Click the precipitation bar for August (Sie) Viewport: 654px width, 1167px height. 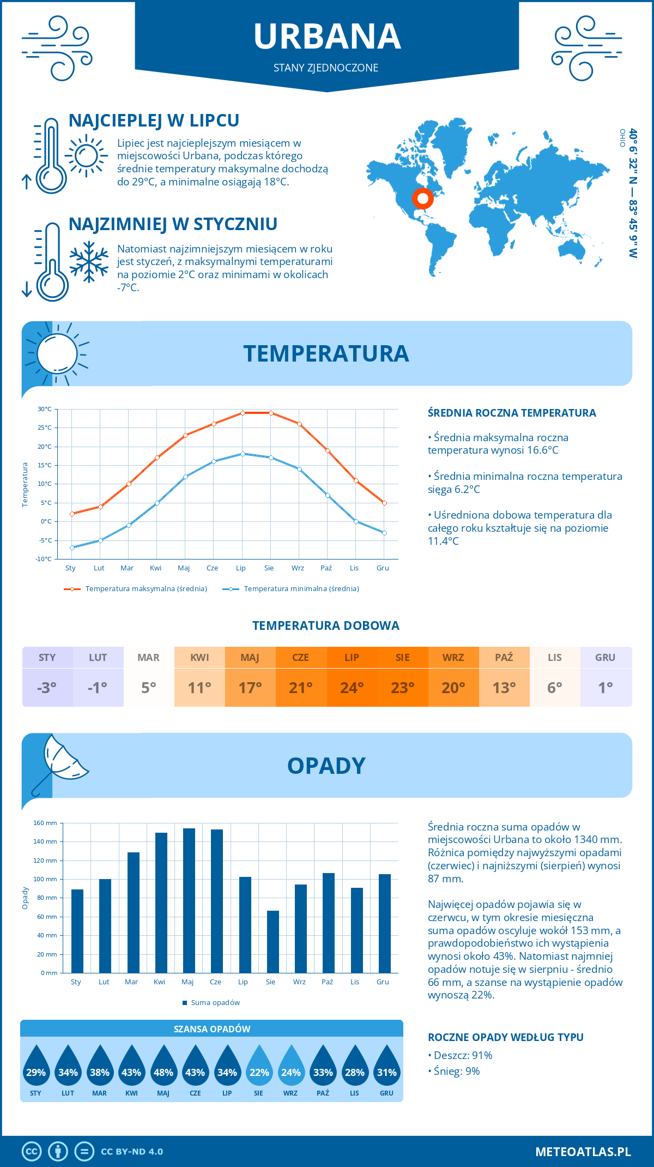[x=273, y=942]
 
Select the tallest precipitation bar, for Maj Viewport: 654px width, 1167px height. [x=189, y=900]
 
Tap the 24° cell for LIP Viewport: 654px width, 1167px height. [x=352, y=687]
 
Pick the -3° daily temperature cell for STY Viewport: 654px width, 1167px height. [x=47, y=687]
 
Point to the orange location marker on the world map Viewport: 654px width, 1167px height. [x=422, y=198]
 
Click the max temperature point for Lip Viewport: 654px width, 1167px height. [x=243, y=413]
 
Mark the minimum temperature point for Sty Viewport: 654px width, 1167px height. [x=72, y=548]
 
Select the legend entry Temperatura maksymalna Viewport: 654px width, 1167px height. [x=136, y=589]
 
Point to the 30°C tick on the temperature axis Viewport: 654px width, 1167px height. [x=45, y=409]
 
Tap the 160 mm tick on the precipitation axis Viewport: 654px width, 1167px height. [x=45, y=823]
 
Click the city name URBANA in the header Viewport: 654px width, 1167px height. [x=327, y=37]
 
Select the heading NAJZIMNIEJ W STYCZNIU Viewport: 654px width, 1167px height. [x=173, y=224]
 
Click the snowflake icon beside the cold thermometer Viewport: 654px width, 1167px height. [x=89, y=262]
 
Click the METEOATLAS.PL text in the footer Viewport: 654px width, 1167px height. [x=583, y=1152]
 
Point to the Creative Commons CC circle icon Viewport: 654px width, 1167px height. [x=32, y=1152]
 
